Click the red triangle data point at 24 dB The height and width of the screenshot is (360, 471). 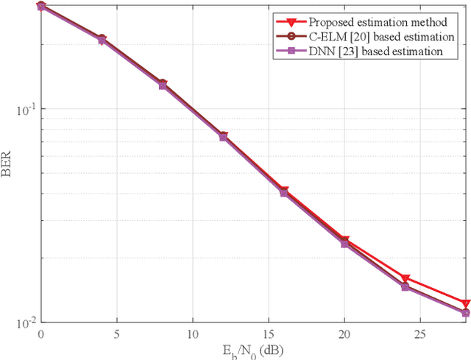click(x=406, y=279)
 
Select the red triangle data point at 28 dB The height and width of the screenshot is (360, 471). click(x=466, y=303)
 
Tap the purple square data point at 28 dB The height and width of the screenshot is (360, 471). click(x=466, y=313)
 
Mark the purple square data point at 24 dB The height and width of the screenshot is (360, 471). click(x=406, y=286)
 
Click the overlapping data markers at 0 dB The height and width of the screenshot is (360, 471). click(x=41, y=7)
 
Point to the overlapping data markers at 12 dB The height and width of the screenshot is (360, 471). click(x=223, y=136)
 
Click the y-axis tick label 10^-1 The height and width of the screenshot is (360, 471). click(x=24, y=108)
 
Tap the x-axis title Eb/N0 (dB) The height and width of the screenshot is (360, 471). click(x=253, y=349)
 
